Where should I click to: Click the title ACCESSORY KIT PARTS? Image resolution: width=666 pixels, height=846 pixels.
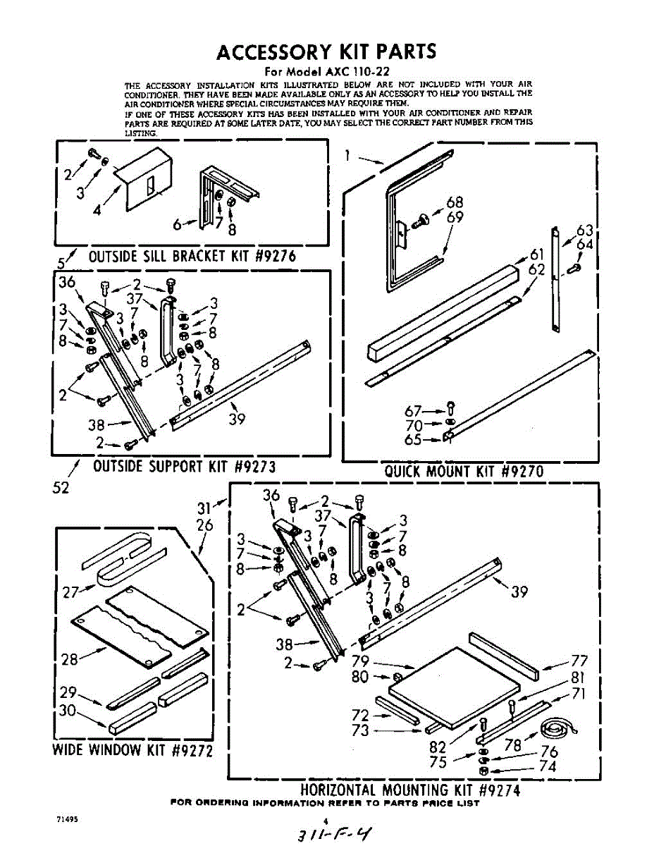click(326, 51)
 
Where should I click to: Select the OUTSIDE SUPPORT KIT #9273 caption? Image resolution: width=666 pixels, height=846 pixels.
click(183, 466)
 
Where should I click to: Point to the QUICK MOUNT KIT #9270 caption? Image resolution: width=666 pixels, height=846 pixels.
click(464, 471)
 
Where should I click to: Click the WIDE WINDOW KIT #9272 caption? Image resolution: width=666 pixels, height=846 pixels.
click(132, 749)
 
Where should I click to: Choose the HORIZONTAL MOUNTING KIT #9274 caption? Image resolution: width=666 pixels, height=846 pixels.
click(410, 790)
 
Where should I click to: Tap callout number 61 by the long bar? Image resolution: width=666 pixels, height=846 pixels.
click(538, 255)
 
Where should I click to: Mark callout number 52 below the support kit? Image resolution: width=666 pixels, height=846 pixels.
click(61, 487)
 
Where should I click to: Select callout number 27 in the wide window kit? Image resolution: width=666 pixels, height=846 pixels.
click(70, 592)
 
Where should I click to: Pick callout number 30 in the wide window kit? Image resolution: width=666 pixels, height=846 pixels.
click(67, 711)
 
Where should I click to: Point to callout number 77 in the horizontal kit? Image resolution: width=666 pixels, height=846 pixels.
click(579, 661)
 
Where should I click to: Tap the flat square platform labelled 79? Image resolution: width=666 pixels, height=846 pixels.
click(455, 682)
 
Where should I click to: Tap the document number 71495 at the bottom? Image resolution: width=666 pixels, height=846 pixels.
click(68, 820)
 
